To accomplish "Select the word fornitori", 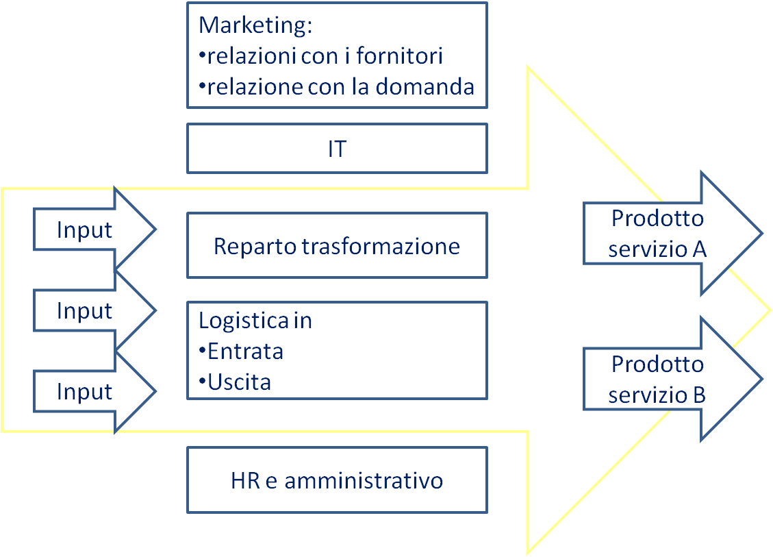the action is point(399,55).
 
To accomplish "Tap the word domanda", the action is point(424,87).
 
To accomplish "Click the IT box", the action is point(337,149).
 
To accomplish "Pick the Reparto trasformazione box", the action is point(337,245).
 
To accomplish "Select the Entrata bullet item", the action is point(241,351).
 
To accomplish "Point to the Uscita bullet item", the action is point(235,382).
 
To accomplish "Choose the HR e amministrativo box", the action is point(337,480).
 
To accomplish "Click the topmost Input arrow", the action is point(94,230).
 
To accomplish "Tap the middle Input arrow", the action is point(94,311).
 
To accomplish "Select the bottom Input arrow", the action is point(94,392).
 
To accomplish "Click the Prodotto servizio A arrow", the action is point(672,234).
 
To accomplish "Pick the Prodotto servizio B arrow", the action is point(672,380).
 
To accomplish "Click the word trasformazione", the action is point(381,246).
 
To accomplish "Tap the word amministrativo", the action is point(364,480).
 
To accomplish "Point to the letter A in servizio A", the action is point(700,249).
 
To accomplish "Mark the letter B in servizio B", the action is point(700,395).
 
